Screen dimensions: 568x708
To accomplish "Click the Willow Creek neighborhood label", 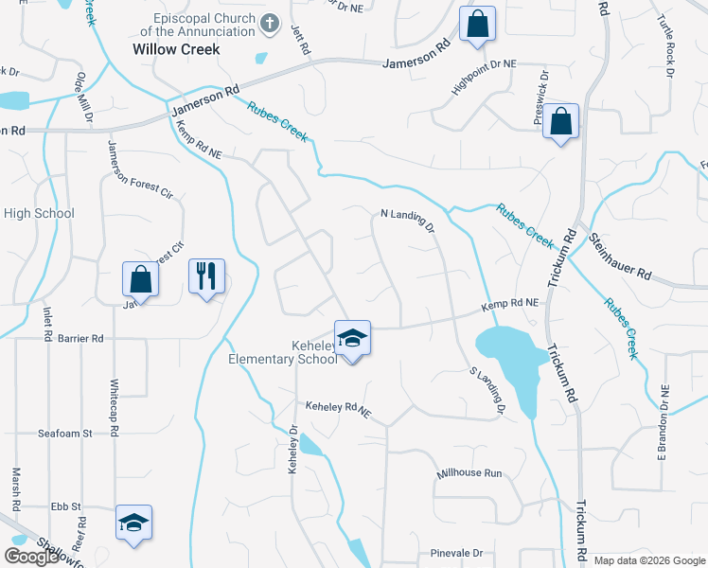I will (176, 49).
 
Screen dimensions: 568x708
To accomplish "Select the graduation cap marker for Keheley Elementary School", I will (352, 338).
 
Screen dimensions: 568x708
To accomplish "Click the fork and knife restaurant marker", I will (206, 276).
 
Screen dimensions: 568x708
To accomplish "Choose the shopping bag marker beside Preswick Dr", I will (560, 121).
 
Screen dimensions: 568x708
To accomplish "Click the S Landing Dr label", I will (486, 391).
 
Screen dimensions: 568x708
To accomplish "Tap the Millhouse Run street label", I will (469, 472).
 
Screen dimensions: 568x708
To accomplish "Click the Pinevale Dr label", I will (456, 553).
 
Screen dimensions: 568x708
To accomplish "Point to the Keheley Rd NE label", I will (336, 406).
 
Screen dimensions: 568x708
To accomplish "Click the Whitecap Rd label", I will (114, 401).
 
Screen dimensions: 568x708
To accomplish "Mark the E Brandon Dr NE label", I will (664, 409).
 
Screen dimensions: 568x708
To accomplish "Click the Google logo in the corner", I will (31, 557).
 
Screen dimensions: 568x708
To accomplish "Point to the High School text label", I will (39, 213).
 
